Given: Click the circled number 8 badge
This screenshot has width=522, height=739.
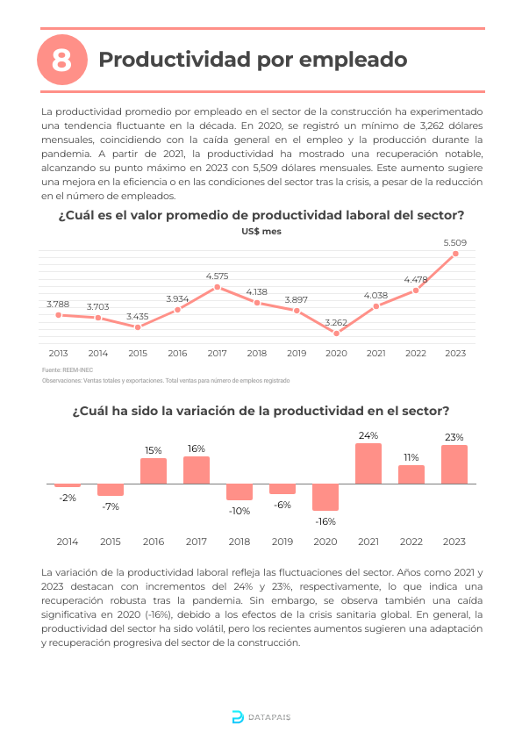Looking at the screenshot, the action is (62, 60).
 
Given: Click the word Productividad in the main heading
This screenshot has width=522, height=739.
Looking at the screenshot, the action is (175, 60).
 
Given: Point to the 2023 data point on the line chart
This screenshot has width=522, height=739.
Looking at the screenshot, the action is (455, 254).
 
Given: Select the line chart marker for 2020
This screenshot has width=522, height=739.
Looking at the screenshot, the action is (336, 334).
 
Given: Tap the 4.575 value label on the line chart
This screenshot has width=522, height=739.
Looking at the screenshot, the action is (218, 276).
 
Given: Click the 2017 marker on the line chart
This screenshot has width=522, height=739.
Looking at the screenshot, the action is (218, 287).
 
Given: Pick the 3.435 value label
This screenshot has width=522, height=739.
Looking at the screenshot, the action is (138, 316).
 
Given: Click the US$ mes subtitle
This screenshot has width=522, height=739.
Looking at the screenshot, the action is (261, 232).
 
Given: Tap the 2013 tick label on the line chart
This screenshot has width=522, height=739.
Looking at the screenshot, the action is (59, 353).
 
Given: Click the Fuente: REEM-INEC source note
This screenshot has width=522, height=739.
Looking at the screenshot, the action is (68, 370).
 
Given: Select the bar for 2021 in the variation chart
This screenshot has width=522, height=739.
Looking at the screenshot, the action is (368, 463).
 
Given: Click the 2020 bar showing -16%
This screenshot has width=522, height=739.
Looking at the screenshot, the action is (325, 498).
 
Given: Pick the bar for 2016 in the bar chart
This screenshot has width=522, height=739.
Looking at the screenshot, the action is (154, 470).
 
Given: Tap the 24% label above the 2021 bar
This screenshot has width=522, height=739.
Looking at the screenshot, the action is (368, 435).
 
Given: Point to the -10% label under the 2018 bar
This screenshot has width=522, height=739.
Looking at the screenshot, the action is (240, 511).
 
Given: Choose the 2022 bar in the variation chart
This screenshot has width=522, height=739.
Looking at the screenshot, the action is (411, 475).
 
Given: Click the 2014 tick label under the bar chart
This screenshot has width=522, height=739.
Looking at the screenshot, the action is (68, 542).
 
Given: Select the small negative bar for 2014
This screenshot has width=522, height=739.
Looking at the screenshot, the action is (68, 485).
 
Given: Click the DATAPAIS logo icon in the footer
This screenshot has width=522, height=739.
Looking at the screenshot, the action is (238, 717).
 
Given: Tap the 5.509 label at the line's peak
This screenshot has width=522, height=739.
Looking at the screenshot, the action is (455, 243).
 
